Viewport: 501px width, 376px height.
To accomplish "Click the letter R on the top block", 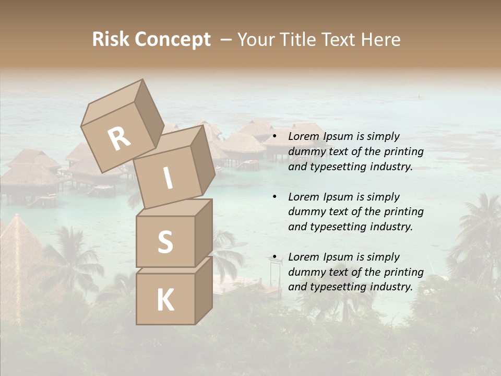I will click(x=120, y=138).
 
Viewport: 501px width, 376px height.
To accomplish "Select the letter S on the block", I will click(x=165, y=242).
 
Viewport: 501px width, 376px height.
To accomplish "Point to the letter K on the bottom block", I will click(x=165, y=300).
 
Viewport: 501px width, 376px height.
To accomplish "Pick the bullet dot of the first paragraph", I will click(x=275, y=137).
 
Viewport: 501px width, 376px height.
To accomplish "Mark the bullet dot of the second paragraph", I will click(x=275, y=197).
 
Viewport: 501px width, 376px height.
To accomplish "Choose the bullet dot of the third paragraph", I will click(x=275, y=257).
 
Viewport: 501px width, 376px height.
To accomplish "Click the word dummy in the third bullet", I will click(x=305, y=272).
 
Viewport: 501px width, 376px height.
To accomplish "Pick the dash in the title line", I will click(x=226, y=40).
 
